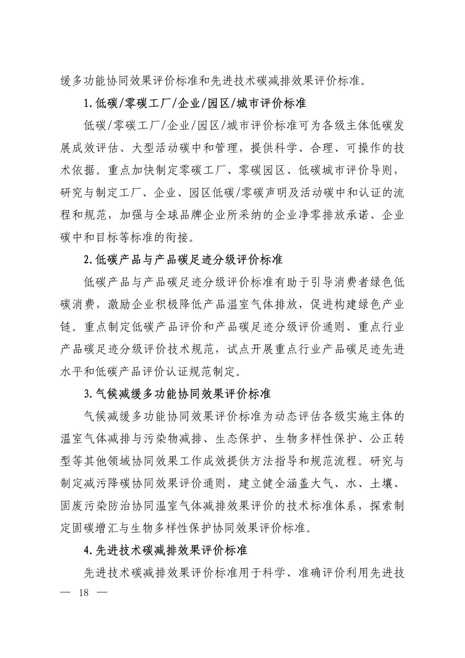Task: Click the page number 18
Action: click(84, 593)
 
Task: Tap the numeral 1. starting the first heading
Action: click(87, 104)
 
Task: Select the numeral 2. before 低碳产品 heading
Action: click(87, 260)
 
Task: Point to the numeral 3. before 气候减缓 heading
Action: click(87, 394)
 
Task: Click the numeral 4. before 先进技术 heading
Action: click(87, 550)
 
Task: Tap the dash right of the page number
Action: click(103, 593)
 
